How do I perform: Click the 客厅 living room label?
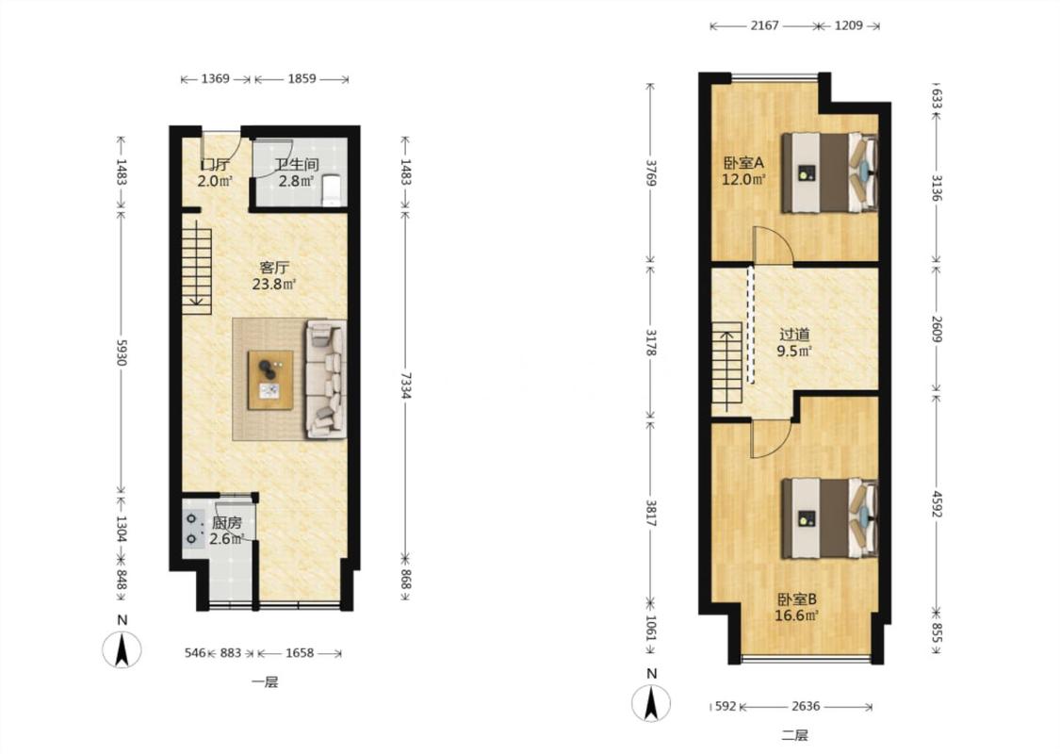pyautogui.click(x=274, y=267)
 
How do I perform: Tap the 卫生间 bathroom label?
pyautogui.click(x=297, y=164)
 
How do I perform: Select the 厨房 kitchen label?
pyautogui.click(x=226, y=523)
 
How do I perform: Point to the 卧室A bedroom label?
pyautogui.click(x=743, y=163)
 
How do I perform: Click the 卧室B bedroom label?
pyautogui.click(x=797, y=599)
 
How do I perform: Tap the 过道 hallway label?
pyautogui.click(x=794, y=334)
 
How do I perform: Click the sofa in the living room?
pyautogui.click(x=326, y=379)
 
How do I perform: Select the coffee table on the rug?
pyautogui.click(x=270, y=380)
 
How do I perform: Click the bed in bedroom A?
pyautogui.click(x=829, y=173)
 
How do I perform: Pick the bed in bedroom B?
pyautogui.click(x=829, y=518)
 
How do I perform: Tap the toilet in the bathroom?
pyautogui.click(x=332, y=190)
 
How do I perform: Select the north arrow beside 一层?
pyautogui.click(x=122, y=650)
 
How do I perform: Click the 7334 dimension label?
pyautogui.click(x=405, y=385)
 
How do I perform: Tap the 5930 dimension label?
pyautogui.click(x=122, y=352)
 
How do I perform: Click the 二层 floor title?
pyautogui.click(x=794, y=735)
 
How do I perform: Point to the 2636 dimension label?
pyautogui.click(x=806, y=706)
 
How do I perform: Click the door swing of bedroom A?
pyautogui.click(x=772, y=244)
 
